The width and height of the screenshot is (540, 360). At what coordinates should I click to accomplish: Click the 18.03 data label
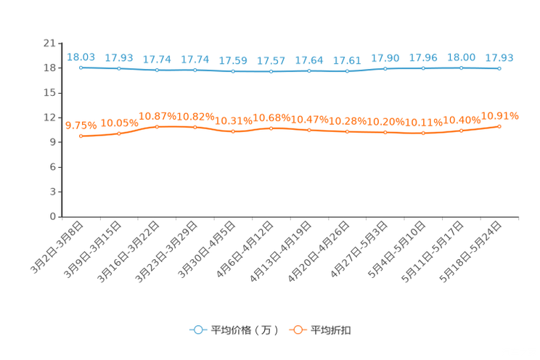point(81,57)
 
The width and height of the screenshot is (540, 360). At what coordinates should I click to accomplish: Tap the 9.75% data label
point(81,126)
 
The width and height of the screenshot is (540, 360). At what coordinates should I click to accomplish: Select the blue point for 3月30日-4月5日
point(233,71)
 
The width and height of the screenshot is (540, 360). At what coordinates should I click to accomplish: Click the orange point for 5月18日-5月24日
point(499,126)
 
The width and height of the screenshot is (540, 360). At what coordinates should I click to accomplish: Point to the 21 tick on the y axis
point(49,43)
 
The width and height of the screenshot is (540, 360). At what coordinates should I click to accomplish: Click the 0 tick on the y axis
point(53,216)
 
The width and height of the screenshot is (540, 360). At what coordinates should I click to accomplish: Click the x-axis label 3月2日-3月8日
point(57,247)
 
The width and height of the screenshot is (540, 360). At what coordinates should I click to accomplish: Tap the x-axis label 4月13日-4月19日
point(281,251)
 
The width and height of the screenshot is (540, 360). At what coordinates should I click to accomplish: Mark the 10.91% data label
point(499,116)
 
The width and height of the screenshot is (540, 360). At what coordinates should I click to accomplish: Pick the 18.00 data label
point(461,57)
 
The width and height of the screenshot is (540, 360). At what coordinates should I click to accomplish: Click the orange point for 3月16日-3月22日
point(157,127)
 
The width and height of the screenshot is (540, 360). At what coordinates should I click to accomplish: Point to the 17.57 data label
point(271,61)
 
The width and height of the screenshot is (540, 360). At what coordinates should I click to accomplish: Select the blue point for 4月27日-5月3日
point(385,68)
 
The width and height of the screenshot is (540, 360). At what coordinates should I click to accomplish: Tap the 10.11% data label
point(424,123)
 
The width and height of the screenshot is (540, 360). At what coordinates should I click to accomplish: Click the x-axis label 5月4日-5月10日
point(397,250)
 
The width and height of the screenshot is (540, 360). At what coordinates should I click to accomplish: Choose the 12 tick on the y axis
point(49,118)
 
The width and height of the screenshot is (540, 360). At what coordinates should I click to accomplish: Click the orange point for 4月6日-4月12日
point(271,128)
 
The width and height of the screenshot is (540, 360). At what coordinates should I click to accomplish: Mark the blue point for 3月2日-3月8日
point(81,67)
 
